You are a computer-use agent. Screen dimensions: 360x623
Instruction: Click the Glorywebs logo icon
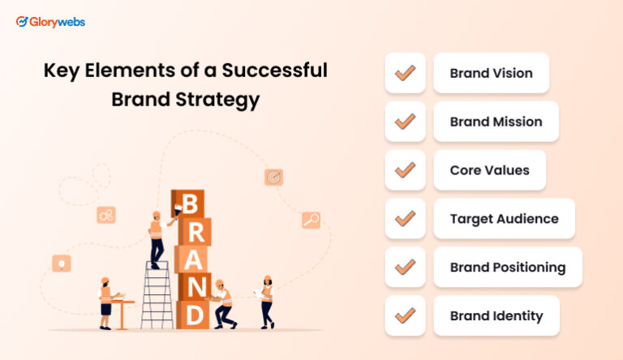[x=22, y=22]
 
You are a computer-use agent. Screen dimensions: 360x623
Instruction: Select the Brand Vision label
[x=491, y=73]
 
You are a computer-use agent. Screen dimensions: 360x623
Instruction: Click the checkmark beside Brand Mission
[x=405, y=122]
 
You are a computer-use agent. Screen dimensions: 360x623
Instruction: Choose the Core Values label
[x=489, y=170]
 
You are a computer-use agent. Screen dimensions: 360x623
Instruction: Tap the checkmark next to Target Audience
[x=405, y=219]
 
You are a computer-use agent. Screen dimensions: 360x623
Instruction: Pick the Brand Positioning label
[x=507, y=267]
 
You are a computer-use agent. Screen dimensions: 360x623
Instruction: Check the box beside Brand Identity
[x=405, y=315]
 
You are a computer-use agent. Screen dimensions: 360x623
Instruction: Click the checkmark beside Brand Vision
[x=405, y=73]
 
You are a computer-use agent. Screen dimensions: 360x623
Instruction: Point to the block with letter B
[x=190, y=204]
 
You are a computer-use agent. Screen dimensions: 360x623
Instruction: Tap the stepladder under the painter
[x=155, y=296]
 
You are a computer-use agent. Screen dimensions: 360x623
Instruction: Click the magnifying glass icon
[x=311, y=220]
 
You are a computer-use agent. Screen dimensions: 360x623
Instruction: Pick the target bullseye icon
[x=273, y=177]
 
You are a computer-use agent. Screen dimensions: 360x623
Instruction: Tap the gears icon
[x=105, y=215]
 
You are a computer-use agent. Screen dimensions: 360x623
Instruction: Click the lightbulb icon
[x=62, y=263]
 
